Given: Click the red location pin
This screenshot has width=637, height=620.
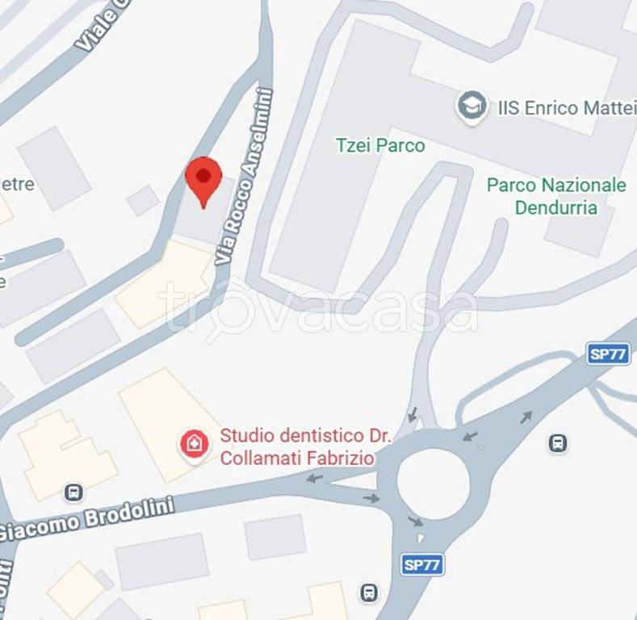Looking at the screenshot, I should pos(203,179).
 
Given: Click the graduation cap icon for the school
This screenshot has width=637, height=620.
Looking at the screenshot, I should pos(472,107).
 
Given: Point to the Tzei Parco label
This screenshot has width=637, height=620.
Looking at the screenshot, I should pos(379,146).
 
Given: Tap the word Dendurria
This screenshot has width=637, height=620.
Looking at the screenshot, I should pos(555,207).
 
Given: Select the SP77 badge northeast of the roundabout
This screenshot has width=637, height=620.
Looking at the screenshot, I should pos(608,354).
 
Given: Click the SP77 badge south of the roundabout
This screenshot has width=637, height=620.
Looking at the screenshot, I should pos(421,564).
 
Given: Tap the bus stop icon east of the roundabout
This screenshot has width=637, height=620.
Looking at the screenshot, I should pos(557,442).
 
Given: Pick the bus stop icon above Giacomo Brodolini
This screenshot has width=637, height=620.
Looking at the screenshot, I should pos(74,491).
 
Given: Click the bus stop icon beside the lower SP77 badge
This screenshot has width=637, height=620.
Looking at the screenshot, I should pos(369,593).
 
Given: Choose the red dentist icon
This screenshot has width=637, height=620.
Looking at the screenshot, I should pos(194,443).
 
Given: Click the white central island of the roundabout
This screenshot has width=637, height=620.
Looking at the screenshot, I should pos(434,484).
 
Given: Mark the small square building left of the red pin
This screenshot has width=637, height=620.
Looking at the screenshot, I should pos(143,199).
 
